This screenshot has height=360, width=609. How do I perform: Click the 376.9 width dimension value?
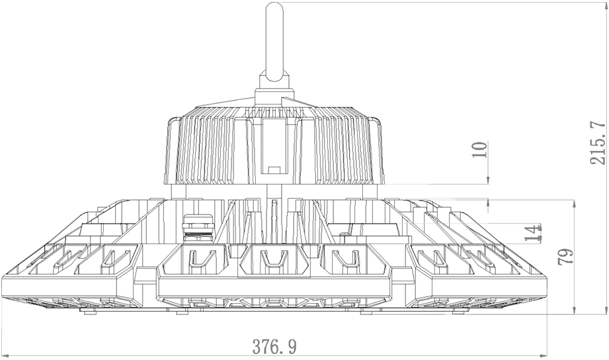click(x=274, y=346)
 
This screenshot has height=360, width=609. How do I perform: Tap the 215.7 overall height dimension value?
click(x=598, y=143)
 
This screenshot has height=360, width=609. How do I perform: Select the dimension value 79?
click(x=565, y=257)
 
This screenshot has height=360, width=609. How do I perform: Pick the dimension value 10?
click(x=479, y=150)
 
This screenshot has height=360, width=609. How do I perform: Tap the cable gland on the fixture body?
click(x=198, y=228)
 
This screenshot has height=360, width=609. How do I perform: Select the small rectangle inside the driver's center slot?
click(x=274, y=169)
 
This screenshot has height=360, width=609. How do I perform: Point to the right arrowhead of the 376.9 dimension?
click(x=542, y=355)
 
